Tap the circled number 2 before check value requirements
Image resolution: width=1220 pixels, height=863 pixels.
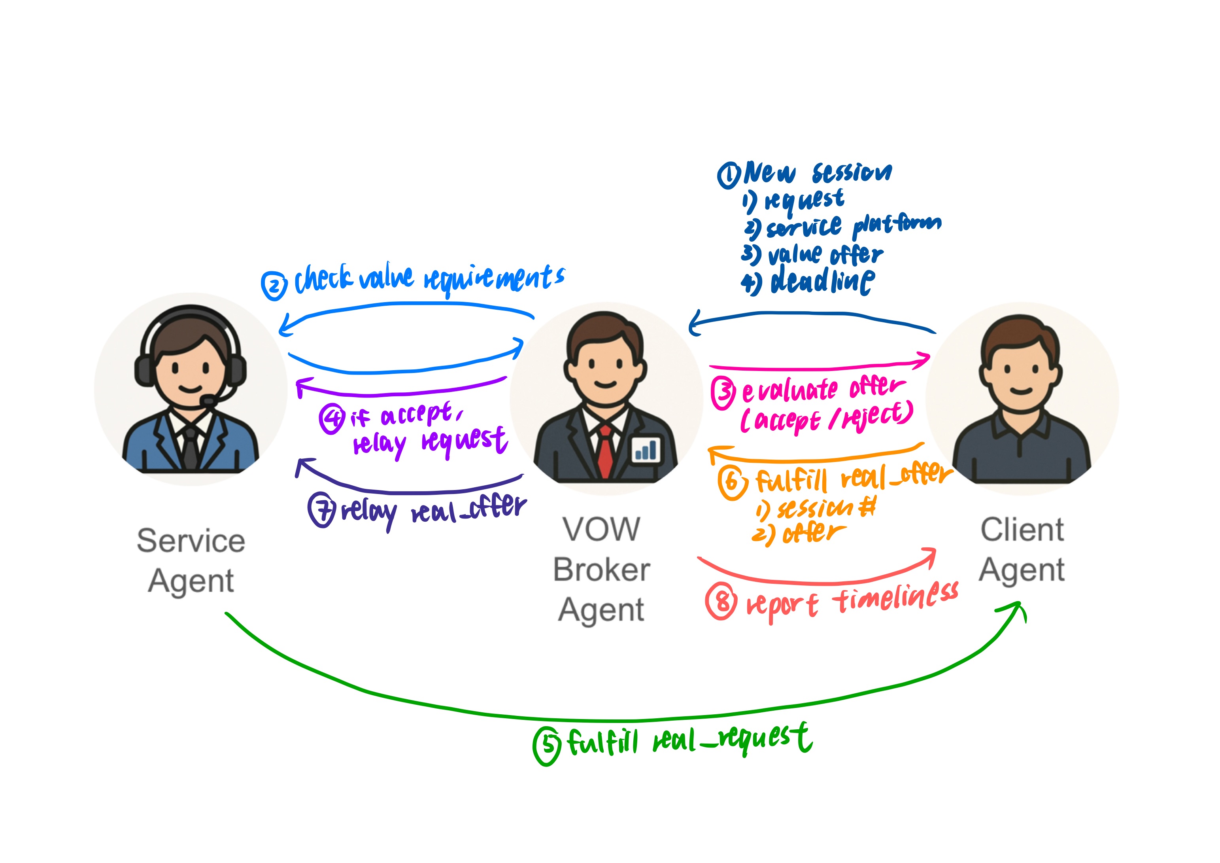tap(274, 286)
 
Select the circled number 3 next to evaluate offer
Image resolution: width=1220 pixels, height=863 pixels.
tap(723, 393)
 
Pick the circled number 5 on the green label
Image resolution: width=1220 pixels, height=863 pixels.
tap(547, 746)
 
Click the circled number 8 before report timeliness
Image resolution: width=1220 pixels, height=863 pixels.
tap(721, 602)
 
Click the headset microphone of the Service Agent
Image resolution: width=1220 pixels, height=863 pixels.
tap(208, 400)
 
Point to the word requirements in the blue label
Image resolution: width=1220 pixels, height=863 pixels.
tap(494, 278)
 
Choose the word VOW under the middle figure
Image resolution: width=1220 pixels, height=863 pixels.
tap(601, 530)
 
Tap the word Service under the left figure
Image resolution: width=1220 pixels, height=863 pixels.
tap(191, 541)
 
